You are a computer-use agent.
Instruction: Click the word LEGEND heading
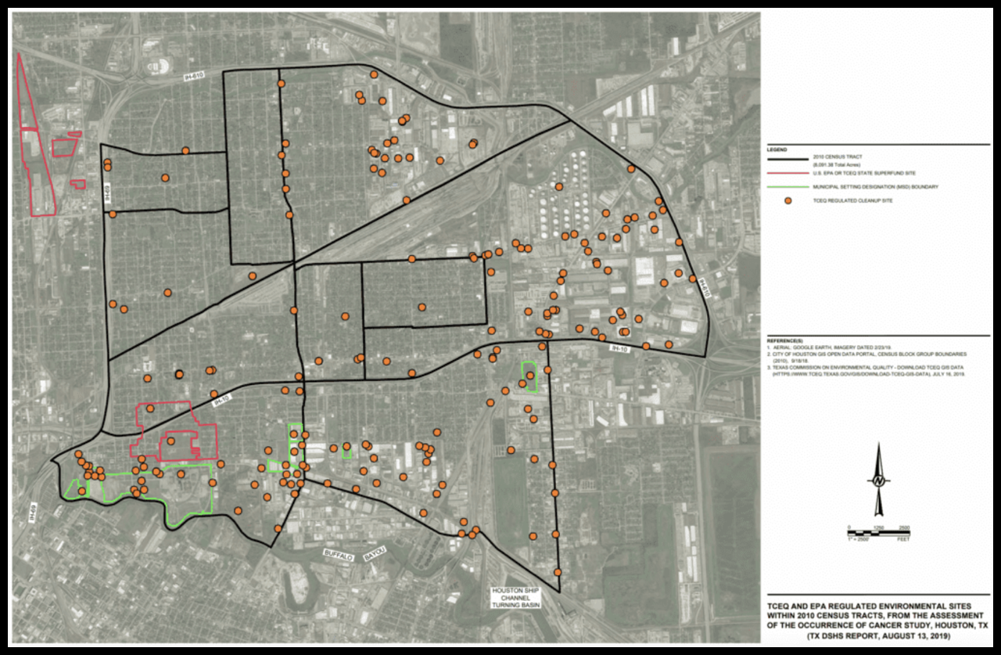777,149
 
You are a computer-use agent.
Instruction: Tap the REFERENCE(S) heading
784,341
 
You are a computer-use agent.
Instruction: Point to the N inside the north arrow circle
879,480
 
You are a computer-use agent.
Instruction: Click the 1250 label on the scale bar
878,527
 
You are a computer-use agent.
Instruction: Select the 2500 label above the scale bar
903,527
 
